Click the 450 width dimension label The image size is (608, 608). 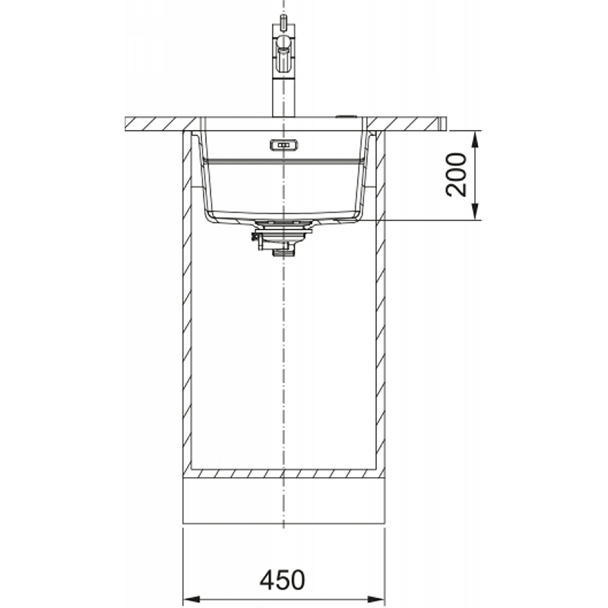point(282,580)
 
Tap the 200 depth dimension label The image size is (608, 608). point(456,175)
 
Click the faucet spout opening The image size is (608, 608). point(283,50)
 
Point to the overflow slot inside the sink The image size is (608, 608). point(283,145)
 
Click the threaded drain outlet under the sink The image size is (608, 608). point(283,252)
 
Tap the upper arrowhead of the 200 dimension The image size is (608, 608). point(476,139)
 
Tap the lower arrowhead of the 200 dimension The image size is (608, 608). point(476,212)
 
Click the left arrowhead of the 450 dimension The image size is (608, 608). point(192,599)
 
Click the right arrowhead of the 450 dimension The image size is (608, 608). point(376,599)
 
